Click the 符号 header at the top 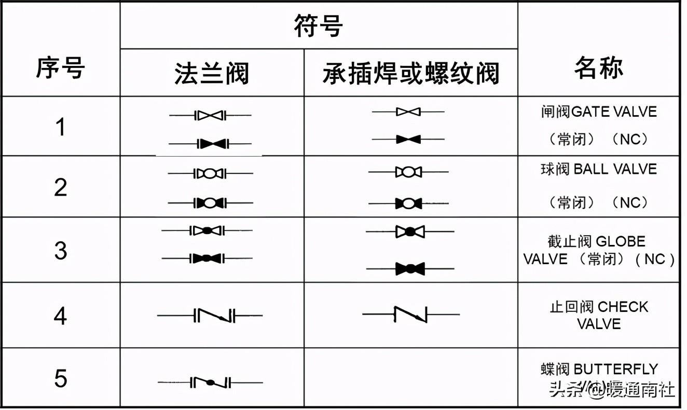point(319,26)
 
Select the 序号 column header point(60,68)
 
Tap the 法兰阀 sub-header point(212,74)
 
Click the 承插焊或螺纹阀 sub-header point(411,74)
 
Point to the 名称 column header point(599,68)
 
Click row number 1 point(61,127)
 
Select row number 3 point(60,251)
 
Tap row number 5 point(60,378)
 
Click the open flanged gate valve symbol point(210,116)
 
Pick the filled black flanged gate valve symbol point(210,144)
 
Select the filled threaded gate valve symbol point(408,139)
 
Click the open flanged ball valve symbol point(210,173)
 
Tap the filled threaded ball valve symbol point(408,203)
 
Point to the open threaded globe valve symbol point(410,231)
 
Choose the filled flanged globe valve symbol point(207,258)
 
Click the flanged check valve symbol point(210,315)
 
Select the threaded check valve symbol point(411,315)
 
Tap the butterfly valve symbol point(210,382)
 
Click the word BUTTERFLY point(616,369)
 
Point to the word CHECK point(623,307)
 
